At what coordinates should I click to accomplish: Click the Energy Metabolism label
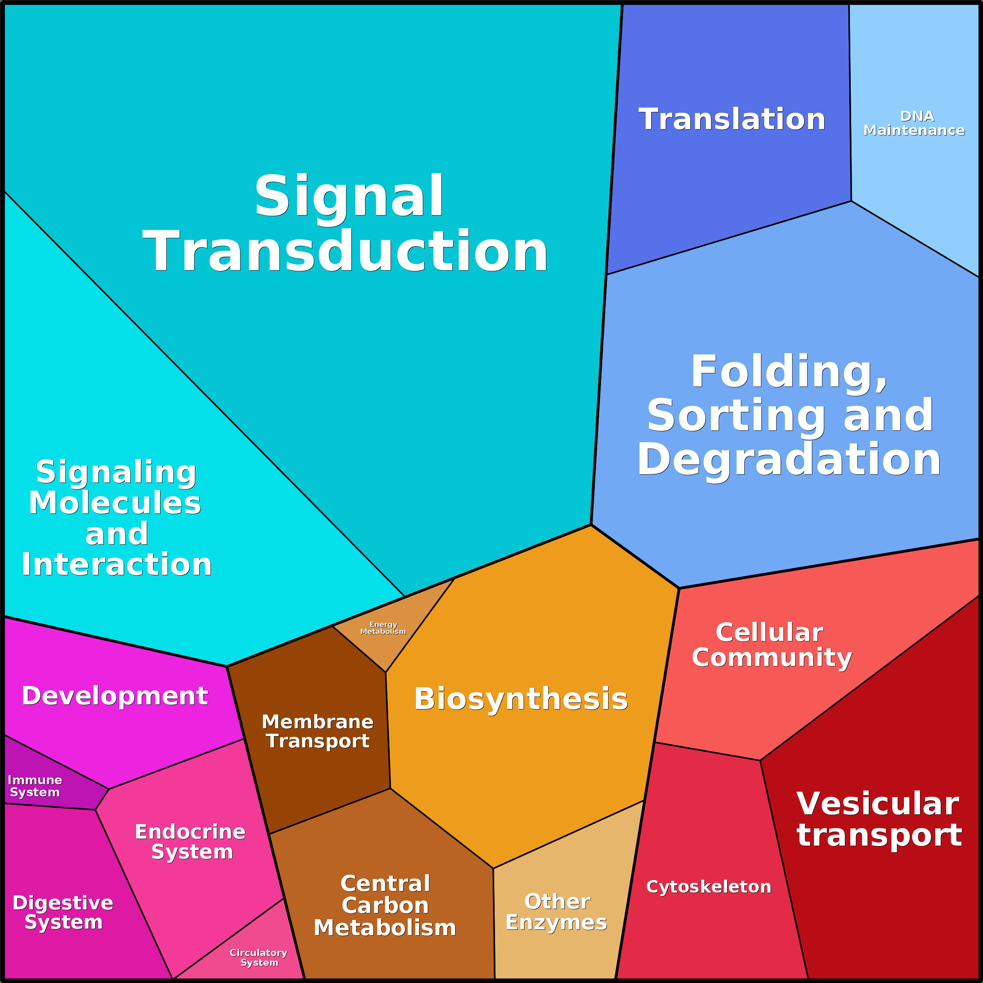pos(383,628)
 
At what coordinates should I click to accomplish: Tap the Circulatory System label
pos(259,958)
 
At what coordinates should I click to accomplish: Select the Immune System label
pos(34,786)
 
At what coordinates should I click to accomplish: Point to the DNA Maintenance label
pos(914,124)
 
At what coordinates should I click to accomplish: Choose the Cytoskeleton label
pos(708,887)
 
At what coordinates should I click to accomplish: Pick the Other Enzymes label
pos(556,912)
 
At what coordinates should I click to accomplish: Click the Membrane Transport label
pos(317,731)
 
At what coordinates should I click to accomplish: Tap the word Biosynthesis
pos(521,699)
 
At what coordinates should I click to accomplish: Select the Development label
pos(115,695)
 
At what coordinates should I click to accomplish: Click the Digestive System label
pos(63,912)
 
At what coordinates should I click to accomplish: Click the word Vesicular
pos(878,804)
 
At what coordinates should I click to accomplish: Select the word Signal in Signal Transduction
pos(349,197)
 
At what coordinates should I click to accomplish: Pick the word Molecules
pos(115,503)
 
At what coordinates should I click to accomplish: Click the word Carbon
pos(385,906)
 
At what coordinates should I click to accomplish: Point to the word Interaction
pos(117,565)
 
